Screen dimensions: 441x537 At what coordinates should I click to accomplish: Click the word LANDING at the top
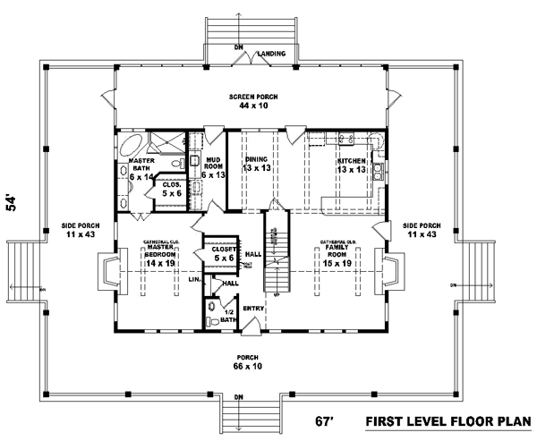coord(272,54)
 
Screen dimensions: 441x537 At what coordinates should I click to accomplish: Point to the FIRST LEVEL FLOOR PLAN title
coord(451,420)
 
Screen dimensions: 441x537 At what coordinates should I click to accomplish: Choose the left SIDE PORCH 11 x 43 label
coord(81,229)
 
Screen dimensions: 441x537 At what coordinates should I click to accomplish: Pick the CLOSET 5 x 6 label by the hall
coord(219,254)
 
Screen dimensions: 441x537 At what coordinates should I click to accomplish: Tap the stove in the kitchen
coord(381,167)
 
